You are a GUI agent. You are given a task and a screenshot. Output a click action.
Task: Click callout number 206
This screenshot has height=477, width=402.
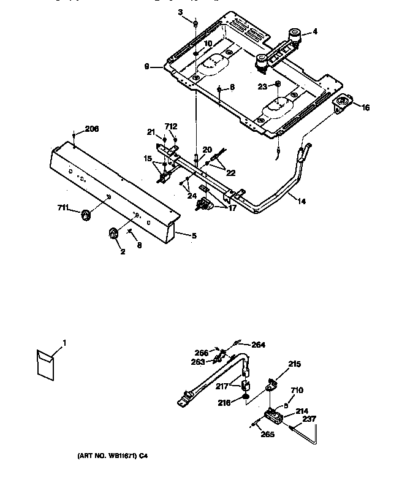click(91, 129)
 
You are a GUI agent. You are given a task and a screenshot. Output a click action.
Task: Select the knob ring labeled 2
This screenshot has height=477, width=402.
click(114, 232)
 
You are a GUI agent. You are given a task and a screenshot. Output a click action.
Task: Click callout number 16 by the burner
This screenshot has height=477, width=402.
click(366, 107)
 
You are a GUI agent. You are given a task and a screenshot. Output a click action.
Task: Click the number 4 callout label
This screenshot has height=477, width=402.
click(315, 31)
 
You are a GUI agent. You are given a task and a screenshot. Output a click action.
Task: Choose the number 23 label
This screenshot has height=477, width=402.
click(262, 86)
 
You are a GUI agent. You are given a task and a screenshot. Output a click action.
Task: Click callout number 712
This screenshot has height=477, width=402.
click(171, 126)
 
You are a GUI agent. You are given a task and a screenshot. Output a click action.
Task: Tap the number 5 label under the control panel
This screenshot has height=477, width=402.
click(194, 235)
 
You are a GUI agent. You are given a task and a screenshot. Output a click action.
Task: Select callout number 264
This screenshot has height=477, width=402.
click(259, 344)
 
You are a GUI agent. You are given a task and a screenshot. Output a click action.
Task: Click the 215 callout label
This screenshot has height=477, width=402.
click(295, 364)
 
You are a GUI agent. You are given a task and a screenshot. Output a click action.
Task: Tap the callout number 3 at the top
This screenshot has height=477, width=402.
click(180, 12)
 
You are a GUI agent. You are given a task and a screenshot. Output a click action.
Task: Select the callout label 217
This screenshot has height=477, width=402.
click(222, 386)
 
